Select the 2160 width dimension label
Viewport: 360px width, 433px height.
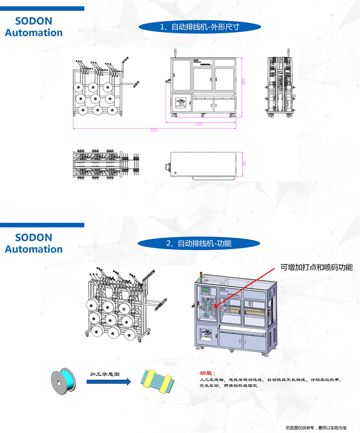(x=199, y=123)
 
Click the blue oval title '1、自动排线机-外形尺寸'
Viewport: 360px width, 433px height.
(x=199, y=27)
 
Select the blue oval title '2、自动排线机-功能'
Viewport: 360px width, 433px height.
(x=199, y=243)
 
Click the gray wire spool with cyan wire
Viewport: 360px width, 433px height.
(x=63, y=378)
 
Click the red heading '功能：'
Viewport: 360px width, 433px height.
(x=208, y=373)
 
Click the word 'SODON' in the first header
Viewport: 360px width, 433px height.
(x=34, y=21)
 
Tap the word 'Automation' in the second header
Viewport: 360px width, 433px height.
(x=34, y=249)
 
